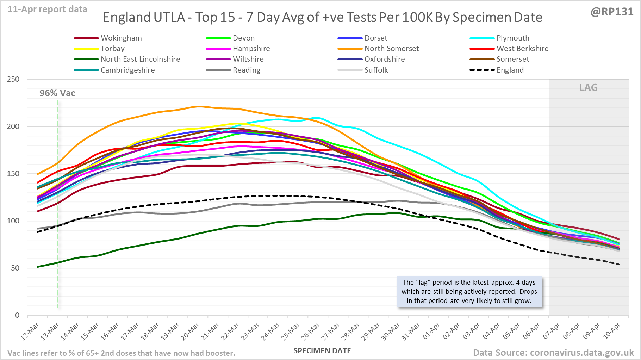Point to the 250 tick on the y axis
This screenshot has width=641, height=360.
[x=13, y=79]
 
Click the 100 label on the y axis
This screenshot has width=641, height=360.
[x=13, y=221]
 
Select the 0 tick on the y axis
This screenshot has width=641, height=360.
[x=17, y=315]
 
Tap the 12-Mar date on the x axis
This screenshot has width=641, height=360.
[x=30, y=331]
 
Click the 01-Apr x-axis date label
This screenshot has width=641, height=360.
[x=431, y=331]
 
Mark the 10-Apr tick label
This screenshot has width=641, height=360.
[x=611, y=331]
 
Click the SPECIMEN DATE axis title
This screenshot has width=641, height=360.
[x=322, y=351]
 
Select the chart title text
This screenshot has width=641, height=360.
[x=322, y=17]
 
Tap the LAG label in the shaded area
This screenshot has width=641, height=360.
[x=589, y=87]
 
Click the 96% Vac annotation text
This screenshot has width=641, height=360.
[x=57, y=93]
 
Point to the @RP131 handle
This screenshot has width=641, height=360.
[x=612, y=12]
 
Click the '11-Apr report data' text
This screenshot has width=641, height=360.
[x=48, y=10]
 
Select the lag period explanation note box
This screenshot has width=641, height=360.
[x=469, y=291]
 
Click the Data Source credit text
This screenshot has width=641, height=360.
[x=553, y=353]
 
